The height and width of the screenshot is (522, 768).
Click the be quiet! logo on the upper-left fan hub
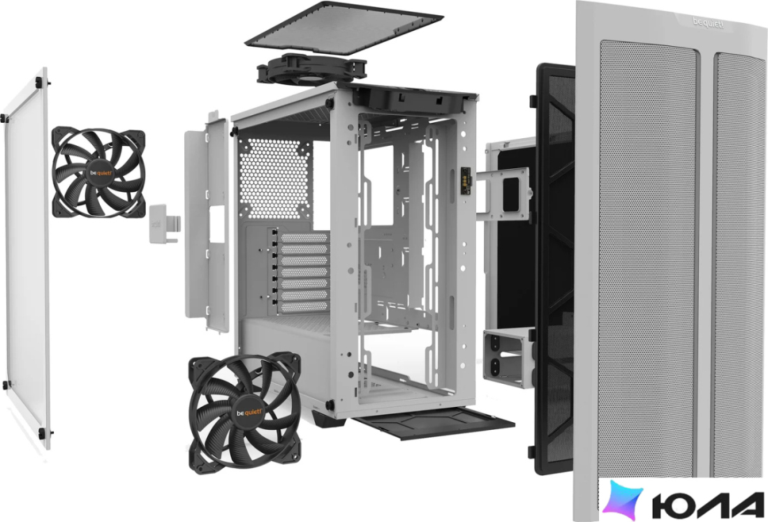(99, 172)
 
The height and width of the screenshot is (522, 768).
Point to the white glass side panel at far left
(27, 260)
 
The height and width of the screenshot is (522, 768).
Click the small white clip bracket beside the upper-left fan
(164, 223)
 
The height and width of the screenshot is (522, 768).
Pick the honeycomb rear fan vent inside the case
(275, 178)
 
